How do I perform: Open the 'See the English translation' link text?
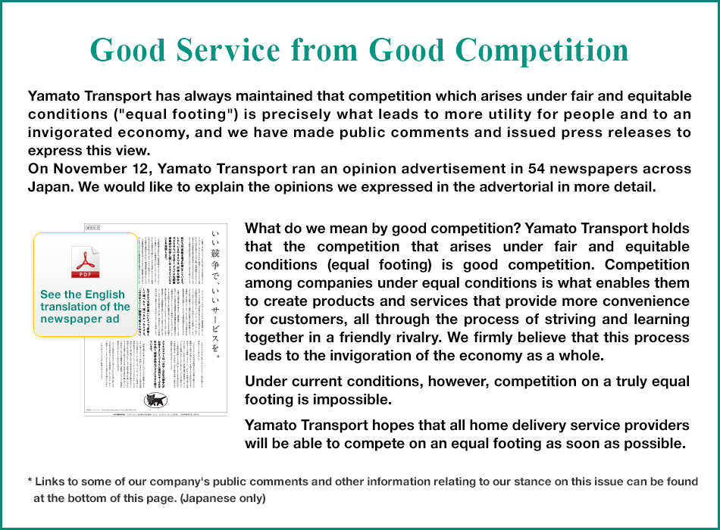pos(85,307)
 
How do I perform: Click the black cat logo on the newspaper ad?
pos(155,399)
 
